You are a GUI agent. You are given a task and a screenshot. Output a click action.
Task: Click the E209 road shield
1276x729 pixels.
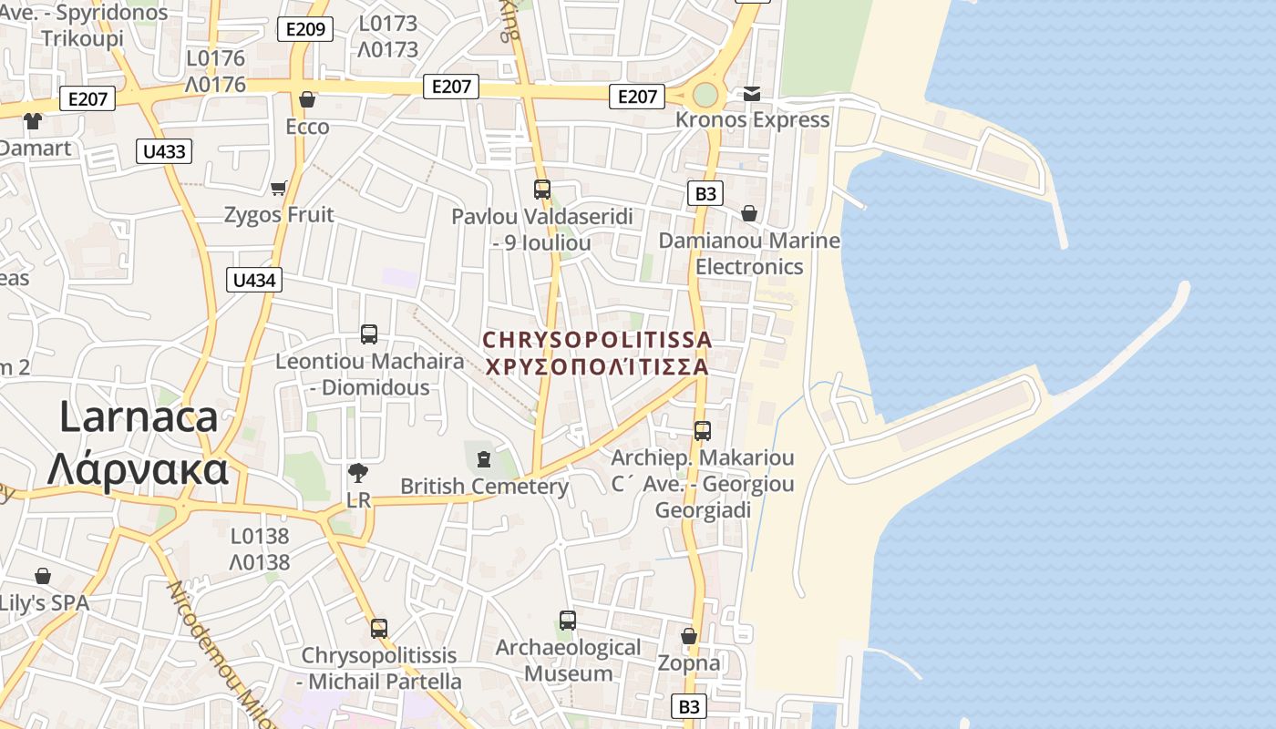[304, 29]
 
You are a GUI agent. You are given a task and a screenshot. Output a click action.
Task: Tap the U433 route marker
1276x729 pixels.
[165, 151]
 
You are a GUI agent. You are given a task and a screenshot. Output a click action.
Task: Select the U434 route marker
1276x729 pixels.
[254, 280]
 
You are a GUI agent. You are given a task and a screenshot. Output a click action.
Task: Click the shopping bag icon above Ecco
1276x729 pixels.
[307, 98]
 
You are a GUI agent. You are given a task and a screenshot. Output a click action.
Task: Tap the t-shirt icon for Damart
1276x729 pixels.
[33, 120]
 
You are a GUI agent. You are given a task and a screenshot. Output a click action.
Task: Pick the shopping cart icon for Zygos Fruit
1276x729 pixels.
[278, 188]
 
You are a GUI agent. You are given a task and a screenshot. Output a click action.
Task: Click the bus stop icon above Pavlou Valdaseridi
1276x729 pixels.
[542, 190]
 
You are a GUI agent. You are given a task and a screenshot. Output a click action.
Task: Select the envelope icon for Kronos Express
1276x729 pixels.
[752, 93]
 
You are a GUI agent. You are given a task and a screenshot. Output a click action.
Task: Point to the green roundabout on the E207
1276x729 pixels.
[705, 95]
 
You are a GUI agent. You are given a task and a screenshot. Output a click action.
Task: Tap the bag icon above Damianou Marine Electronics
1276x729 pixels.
[748, 213]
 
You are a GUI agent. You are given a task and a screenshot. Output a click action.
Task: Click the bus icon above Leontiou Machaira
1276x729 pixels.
[369, 334]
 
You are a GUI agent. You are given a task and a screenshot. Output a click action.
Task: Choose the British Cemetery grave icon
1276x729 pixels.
[484, 458]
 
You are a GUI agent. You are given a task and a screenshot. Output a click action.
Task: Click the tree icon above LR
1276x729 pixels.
[358, 472]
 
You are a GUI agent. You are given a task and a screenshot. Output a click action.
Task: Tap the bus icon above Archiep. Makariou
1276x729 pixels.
[703, 431]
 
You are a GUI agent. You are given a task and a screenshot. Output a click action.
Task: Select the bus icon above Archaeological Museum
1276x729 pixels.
[568, 621]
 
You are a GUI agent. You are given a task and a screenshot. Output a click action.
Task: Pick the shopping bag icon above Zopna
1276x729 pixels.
[689, 635]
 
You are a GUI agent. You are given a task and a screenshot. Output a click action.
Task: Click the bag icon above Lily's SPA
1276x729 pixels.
[43, 576]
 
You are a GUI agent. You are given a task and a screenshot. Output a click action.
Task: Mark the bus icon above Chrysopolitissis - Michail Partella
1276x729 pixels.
[379, 628]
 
